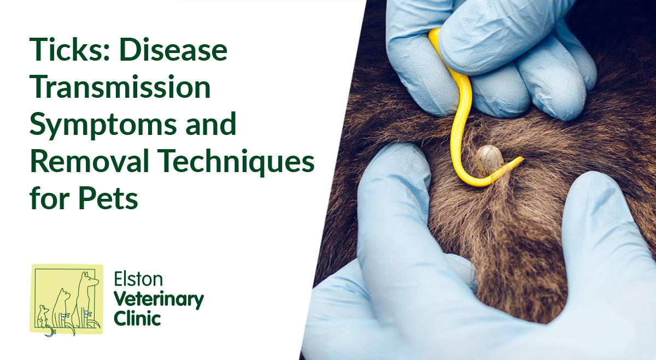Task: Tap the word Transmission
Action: (x=120, y=88)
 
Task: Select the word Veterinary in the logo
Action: (x=159, y=299)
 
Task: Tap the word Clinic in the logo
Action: (x=137, y=318)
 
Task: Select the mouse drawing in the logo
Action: (x=44, y=317)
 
